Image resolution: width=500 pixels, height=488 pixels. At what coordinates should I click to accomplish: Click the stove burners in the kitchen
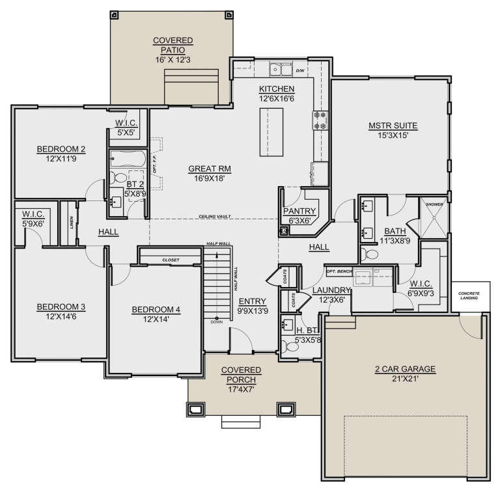click(x=320, y=119)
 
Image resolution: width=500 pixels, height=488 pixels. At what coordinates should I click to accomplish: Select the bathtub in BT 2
click(x=128, y=158)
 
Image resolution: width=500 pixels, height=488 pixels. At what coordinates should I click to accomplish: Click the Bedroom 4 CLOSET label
click(x=171, y=260)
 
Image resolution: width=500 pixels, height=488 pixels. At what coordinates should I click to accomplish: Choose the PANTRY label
click(x=299, y=211)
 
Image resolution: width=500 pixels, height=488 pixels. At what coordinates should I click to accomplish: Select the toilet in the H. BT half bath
click(x=292, y=347)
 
